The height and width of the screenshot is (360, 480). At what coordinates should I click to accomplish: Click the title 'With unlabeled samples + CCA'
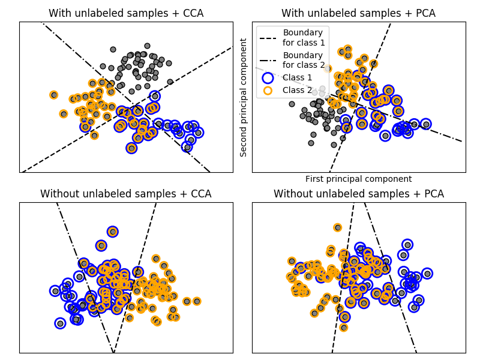tap(126, 13)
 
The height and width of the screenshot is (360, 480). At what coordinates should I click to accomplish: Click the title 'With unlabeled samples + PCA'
tap(358, 13)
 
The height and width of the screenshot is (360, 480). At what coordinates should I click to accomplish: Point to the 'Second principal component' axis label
tap(244, 97)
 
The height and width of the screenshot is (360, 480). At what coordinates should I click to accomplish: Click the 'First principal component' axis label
tap(358, 179)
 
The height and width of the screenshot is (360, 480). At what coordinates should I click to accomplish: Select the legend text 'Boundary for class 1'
tap(304, 37)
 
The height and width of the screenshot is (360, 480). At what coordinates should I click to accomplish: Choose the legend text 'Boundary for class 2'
tap(304, 60)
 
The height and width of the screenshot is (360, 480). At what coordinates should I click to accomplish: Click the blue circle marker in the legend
tap(268, 77)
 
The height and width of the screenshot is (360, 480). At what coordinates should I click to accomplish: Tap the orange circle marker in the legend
tap(268, 90)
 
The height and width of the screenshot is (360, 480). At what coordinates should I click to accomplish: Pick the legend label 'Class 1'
tap(298, 77)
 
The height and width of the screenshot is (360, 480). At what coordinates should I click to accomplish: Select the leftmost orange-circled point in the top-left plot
tap(54, 95)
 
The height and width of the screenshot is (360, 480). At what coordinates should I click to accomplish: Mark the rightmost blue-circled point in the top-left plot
tap(198, 133)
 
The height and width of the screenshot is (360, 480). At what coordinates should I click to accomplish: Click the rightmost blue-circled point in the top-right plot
tap(426, 124)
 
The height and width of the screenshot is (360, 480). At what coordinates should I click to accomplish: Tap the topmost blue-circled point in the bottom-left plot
tap(112, 232)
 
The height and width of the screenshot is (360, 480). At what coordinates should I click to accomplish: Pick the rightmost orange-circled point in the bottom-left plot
tap(197, 301)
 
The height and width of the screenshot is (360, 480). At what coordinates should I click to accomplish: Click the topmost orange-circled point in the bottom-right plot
tap(338, 227)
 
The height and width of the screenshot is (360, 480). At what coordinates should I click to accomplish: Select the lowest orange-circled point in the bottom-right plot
tap(344, 328)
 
